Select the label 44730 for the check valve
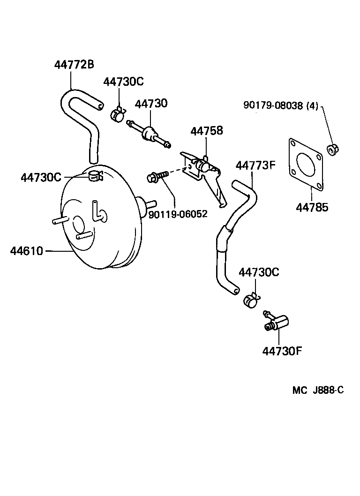point(151,103)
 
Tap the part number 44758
point(206,131)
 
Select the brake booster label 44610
point(26,251)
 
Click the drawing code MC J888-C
point(318,390)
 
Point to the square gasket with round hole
point(305,165)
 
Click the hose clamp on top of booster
point(96,176)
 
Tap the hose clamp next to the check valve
point(118,113)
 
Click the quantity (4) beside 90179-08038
point(312,106)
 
